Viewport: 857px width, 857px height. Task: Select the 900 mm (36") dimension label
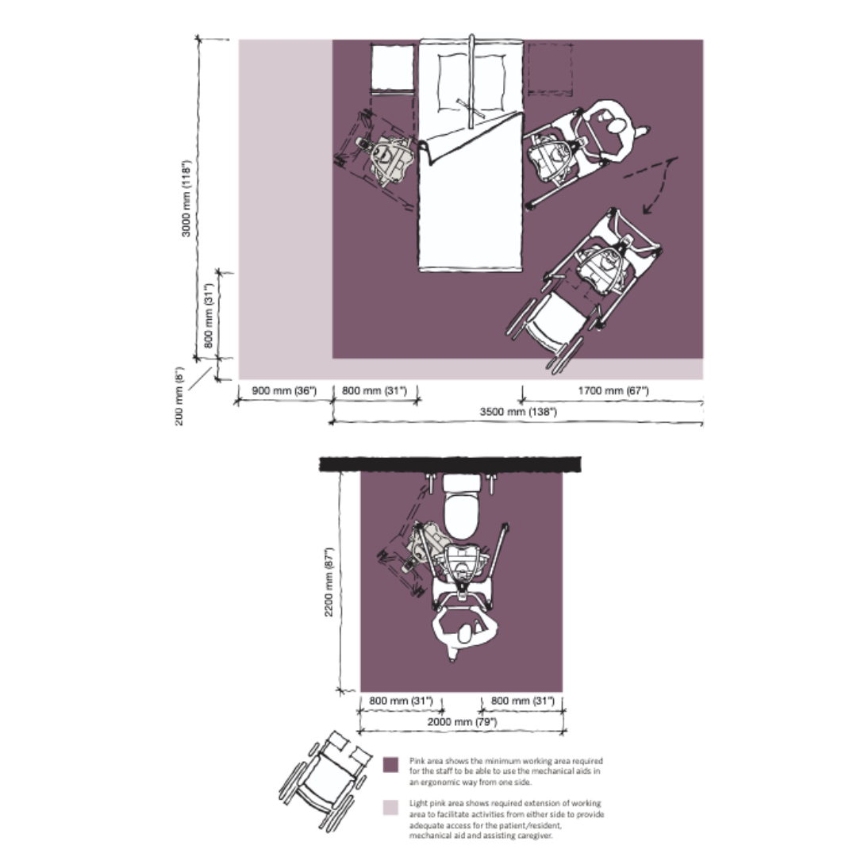coord(284,390)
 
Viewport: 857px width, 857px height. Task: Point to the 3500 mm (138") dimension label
coord(518,412)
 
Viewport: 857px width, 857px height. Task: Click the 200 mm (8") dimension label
coord(180,394)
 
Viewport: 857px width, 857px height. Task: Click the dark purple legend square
coord(390,766)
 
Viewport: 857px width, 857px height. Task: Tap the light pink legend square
coord(390,808)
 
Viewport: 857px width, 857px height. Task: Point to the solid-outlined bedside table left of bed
coord(392,67)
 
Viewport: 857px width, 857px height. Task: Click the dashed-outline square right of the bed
coord(550,68)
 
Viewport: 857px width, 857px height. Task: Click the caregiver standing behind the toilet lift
coord(463,632)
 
